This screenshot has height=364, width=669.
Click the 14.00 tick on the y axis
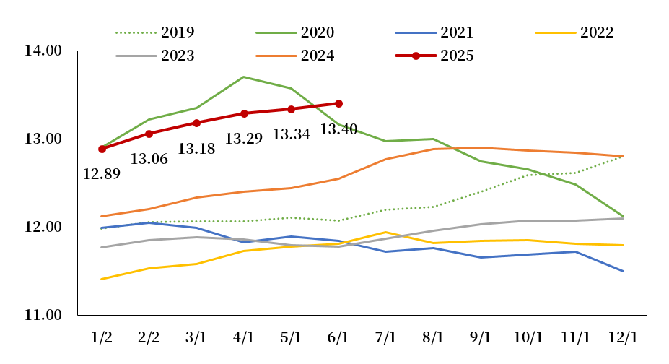[43, 51]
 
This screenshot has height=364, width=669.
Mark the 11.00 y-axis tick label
[43, 315]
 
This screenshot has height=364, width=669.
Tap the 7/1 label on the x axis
[386, 337]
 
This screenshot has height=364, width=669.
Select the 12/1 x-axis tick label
[624, 337]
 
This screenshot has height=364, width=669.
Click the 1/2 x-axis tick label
[101, 337]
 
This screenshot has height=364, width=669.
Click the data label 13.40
[338, 129]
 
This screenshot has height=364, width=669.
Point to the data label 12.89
[102, 173]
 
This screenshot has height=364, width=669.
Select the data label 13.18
[196, 149]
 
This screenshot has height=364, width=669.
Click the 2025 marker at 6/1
[338, 103]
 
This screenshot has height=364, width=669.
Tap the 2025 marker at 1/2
[102, 149]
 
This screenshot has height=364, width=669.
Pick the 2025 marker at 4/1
[244, 113]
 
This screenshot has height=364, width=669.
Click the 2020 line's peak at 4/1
[244, 77]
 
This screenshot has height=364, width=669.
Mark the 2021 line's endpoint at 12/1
[624, 272]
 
